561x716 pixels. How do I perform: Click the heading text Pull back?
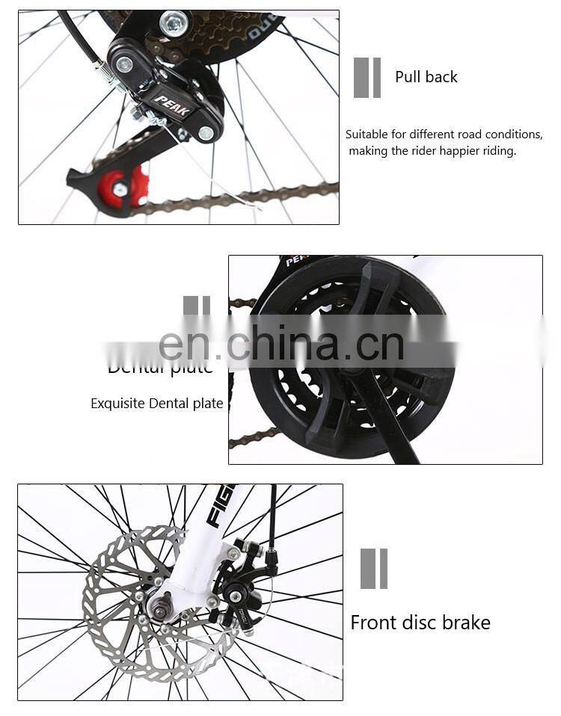(x=426, y=77)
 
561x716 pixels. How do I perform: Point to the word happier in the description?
(x=446, y=150)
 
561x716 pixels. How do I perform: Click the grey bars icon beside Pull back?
(x=367, y=78)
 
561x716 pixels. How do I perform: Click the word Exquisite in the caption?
(x=117, y=404)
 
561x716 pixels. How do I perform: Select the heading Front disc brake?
(x=420, y=623)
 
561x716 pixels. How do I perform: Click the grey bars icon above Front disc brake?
(x=373, y=569)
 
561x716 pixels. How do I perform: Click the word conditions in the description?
(x=512, y=135)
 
